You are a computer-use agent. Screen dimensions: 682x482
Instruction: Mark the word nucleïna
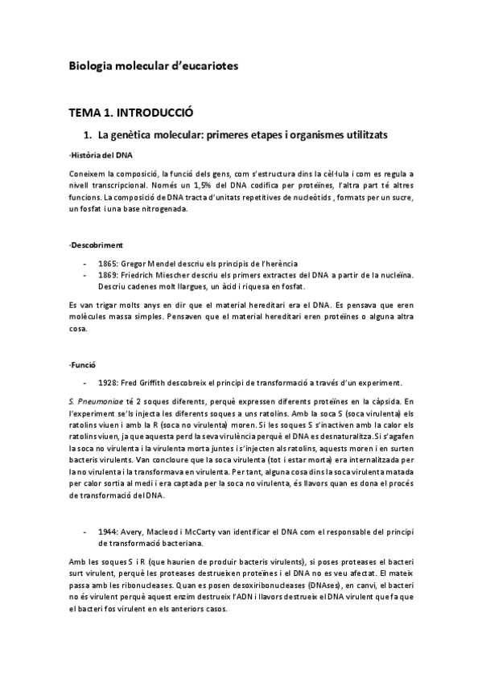tap(394, 275)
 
